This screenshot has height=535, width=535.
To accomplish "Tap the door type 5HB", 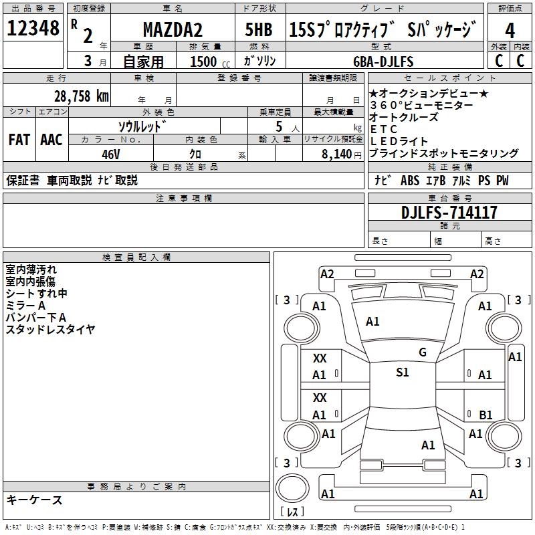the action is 257,30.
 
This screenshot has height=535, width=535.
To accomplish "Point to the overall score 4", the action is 510,30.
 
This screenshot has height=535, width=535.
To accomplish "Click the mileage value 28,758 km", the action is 82,96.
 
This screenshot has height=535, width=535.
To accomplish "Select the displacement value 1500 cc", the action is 208,62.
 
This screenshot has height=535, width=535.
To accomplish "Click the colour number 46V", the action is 110,153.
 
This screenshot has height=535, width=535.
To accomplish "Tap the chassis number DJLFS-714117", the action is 449,213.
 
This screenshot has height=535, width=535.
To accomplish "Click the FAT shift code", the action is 19,140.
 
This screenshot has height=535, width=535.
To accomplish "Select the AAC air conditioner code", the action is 51,140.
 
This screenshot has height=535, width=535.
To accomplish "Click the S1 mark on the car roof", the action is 403,372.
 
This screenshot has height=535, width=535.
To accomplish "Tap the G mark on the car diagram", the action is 422,352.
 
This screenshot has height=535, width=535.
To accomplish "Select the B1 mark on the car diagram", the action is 486,415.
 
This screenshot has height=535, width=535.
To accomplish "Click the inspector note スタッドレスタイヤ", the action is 50,329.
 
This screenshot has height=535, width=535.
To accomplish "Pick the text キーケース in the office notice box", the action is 34,500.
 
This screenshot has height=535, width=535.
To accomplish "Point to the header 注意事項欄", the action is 184,199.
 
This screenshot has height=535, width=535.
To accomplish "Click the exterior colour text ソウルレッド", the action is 142,126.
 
